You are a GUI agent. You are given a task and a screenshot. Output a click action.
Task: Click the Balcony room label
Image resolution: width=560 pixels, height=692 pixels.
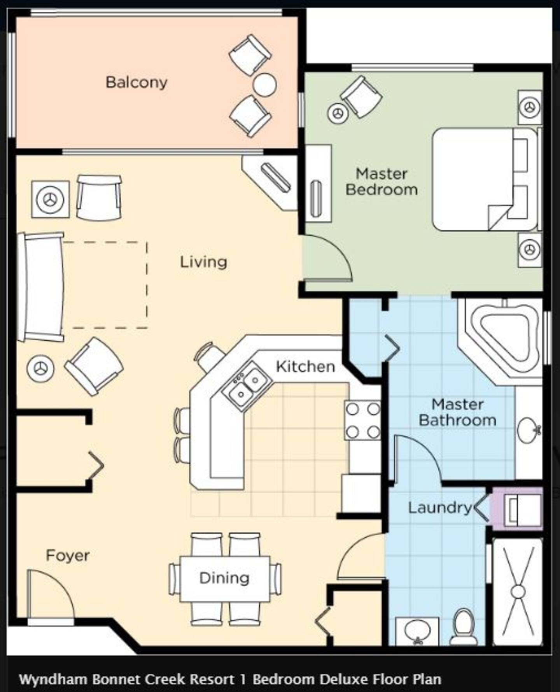(136, 82)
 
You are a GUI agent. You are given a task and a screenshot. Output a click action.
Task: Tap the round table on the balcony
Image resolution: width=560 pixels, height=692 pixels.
(264, 84)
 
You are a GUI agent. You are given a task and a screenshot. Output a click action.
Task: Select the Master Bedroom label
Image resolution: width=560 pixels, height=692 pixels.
(381, 182)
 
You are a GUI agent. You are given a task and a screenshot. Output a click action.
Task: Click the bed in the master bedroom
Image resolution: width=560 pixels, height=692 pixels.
(486, 179)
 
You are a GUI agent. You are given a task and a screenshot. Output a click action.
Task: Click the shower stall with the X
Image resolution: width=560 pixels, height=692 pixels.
(518, 591)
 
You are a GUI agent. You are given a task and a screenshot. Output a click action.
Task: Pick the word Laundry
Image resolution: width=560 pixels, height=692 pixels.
(439, 508)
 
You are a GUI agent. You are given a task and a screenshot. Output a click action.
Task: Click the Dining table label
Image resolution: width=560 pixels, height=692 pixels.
(224, 578)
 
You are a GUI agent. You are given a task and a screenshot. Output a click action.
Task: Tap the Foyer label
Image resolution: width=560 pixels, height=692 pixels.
(68, 555)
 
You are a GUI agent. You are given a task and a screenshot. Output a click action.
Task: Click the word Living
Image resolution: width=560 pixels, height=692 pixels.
(203, 262)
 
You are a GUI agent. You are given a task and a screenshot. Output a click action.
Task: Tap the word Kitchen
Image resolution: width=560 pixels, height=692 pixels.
(305, 366)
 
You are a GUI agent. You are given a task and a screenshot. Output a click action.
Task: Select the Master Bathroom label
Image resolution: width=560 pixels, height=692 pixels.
(457, 412)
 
